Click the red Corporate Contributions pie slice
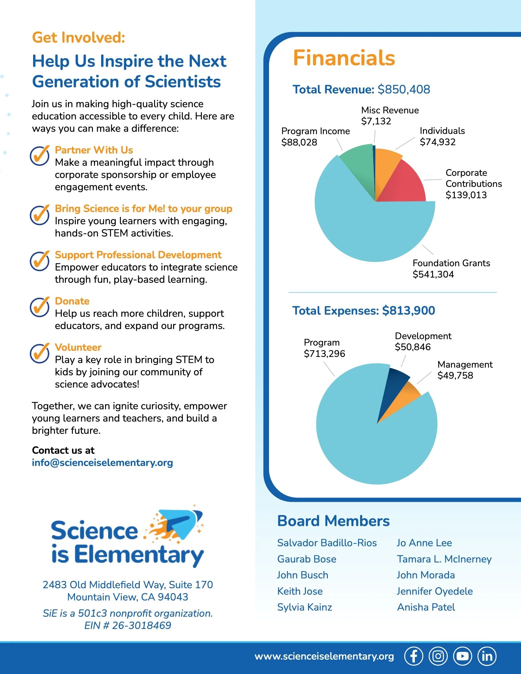click(x=404, y=184)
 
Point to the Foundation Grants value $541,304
click(x=433, y=275)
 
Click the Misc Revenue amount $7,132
click(x=376, y=121)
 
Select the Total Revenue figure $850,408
click(x=404, y=89)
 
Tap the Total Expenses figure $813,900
click(x=408, y=311)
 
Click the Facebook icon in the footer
click(x=414, y=656)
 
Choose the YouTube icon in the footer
click(x=462, y=656)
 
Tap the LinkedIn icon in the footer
click(x=487, y=656)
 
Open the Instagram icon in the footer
click(x=438, y=656)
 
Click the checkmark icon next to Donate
click(x=40, y=307)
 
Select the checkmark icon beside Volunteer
click(x=40, y=353)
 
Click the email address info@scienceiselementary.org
click(x=102, y=463)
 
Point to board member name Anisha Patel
click(x=426, y=607)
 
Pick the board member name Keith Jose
click(x=300, y=591)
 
